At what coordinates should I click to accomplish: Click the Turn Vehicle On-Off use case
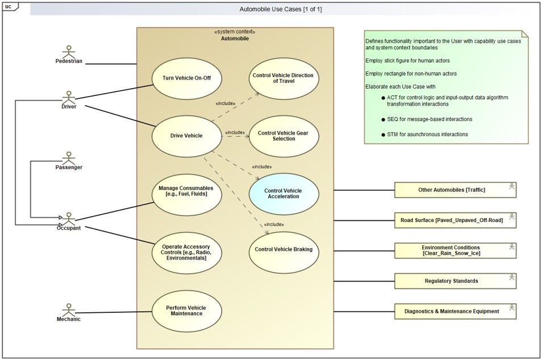point(186,78)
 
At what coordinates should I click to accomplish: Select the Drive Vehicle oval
point(186,135)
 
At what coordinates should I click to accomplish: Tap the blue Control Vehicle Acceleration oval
point(283,194)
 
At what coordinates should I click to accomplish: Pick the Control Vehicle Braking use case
point(283,249)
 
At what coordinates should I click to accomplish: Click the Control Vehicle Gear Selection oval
point(283,136)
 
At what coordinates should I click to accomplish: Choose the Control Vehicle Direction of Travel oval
point(283,78)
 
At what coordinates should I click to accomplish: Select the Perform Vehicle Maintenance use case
point(186,311)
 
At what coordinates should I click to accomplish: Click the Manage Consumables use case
point(186,191)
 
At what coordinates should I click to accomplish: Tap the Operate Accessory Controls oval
point(186,252)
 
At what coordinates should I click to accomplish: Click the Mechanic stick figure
point(69,309)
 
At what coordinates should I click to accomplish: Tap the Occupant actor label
point(69,228)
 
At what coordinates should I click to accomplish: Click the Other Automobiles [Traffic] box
point(455,190)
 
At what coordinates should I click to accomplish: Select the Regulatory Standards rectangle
point(455,281)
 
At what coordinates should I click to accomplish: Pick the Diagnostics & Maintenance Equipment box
point(455,311)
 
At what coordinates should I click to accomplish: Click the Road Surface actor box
point(455,220)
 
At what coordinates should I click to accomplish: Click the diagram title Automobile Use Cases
point(273,9)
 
